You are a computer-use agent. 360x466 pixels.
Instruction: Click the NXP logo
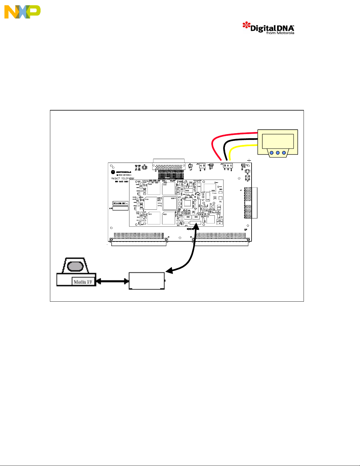pos(22,12)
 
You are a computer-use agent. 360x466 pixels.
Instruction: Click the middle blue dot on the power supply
pos(278,153)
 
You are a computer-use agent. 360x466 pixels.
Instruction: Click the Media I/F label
pos(83,282)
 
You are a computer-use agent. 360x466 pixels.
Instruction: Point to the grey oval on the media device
pos(76,266)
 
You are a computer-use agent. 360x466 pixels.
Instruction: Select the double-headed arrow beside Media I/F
pos(113,281)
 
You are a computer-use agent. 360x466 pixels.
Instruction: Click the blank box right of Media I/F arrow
pos(147,281)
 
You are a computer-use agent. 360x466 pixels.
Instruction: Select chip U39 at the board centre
pos(170,203)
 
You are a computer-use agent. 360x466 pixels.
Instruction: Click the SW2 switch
pos(188,217)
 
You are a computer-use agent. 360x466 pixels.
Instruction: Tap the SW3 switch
pos(196,217)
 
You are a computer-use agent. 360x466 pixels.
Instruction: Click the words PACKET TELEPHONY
pos(123,178)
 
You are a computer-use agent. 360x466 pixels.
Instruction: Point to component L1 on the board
pos(210,219)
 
